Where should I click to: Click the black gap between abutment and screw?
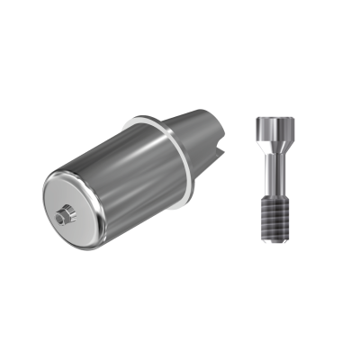(x=241, y=180)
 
